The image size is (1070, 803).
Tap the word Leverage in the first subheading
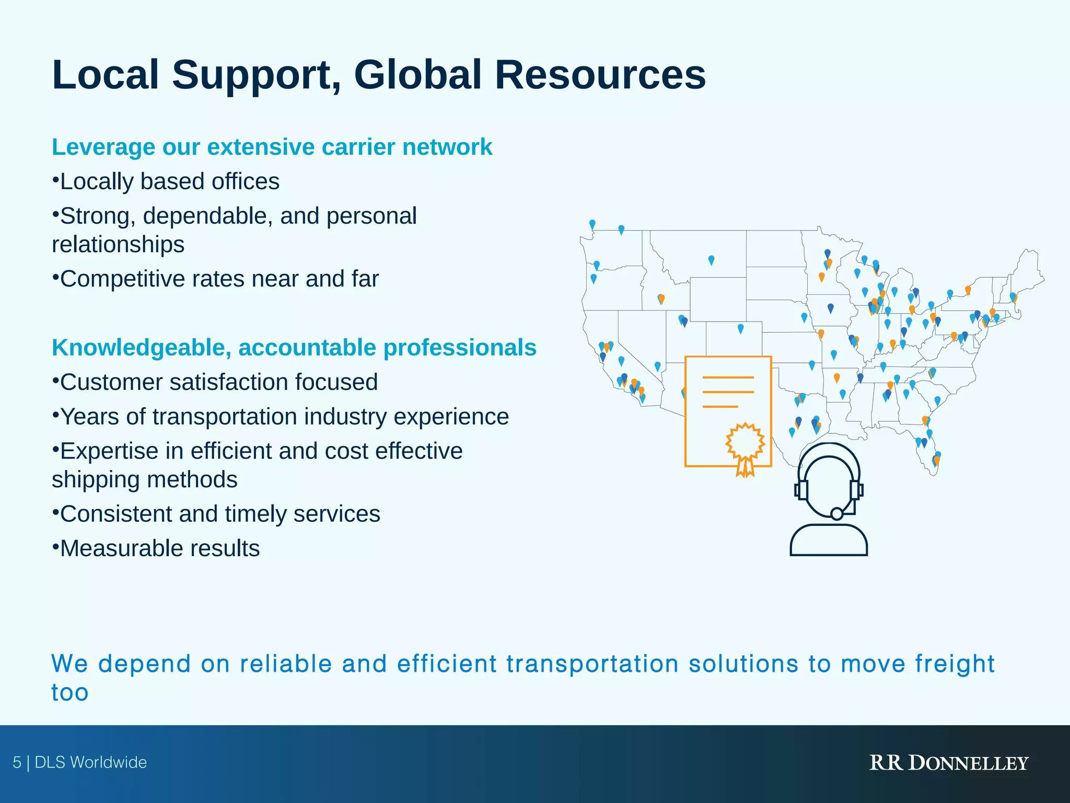[x=103, y=147]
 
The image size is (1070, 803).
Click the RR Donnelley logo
[x=948, y=763]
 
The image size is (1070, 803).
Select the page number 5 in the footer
[x=17, y=762]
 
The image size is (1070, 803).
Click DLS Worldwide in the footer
[x=91, y=762]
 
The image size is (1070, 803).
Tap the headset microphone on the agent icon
[x=836, y=513]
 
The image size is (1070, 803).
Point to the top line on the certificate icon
[x=728, y=377]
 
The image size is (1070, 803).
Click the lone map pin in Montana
[x=711, y=259]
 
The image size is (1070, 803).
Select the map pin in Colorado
[x=740, y=328]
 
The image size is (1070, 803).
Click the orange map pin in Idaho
[x=661, y=298]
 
